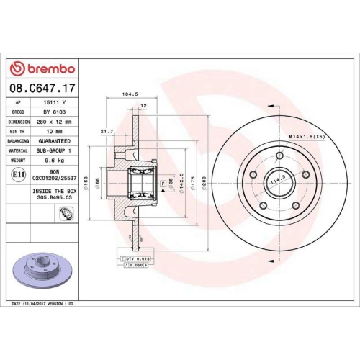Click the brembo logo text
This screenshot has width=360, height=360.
[x=47, y=68]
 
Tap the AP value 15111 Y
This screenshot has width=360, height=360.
[x=54, y=103]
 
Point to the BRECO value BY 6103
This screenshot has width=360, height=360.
[x=54, y=113]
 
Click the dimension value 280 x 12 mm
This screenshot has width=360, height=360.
[x=55, y=122]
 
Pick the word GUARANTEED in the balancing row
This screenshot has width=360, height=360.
[x=55, y=142]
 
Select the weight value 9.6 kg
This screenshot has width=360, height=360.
[x=55, y=161]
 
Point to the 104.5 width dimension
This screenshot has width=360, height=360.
[x=130, y=94]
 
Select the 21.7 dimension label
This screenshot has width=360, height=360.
[x=108, y=131]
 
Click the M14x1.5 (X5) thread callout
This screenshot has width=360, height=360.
[x=309, y=136]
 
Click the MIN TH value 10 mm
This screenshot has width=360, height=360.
[x=54, y=132]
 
